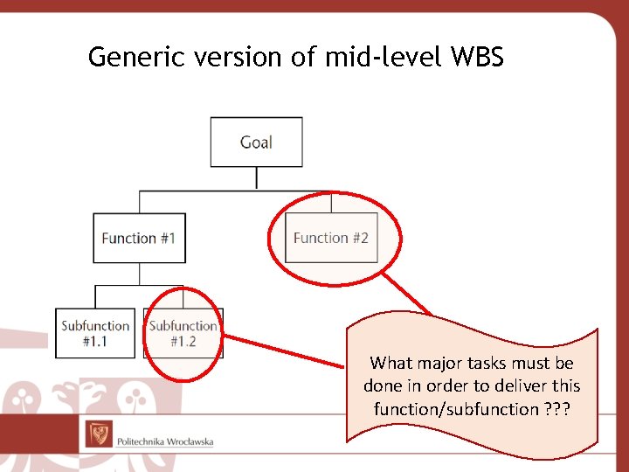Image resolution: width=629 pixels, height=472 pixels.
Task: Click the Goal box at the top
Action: (256, 142)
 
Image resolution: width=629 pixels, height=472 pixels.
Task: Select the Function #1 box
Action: (139, 238)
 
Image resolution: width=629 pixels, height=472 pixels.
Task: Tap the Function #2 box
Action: (331, 238)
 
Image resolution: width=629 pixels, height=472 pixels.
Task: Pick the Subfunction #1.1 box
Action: (95, 333)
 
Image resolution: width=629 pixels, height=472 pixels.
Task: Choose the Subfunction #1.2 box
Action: (183, 333)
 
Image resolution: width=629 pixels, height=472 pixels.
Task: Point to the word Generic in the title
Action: (131, 57)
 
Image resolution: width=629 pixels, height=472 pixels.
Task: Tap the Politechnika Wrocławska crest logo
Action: (98, 434)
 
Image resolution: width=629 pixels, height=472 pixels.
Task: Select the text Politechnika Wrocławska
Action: (165, 441)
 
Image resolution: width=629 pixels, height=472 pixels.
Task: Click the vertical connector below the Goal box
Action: (256, 178)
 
